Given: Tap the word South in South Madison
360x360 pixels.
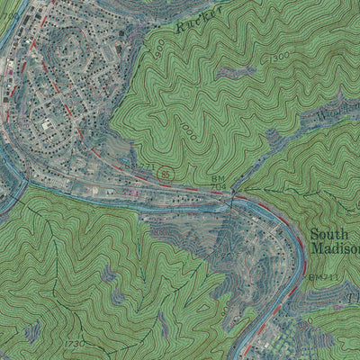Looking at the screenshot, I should point(328,236).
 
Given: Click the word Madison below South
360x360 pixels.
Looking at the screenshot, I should point(335,250).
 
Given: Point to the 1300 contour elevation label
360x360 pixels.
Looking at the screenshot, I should point(280,58).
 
